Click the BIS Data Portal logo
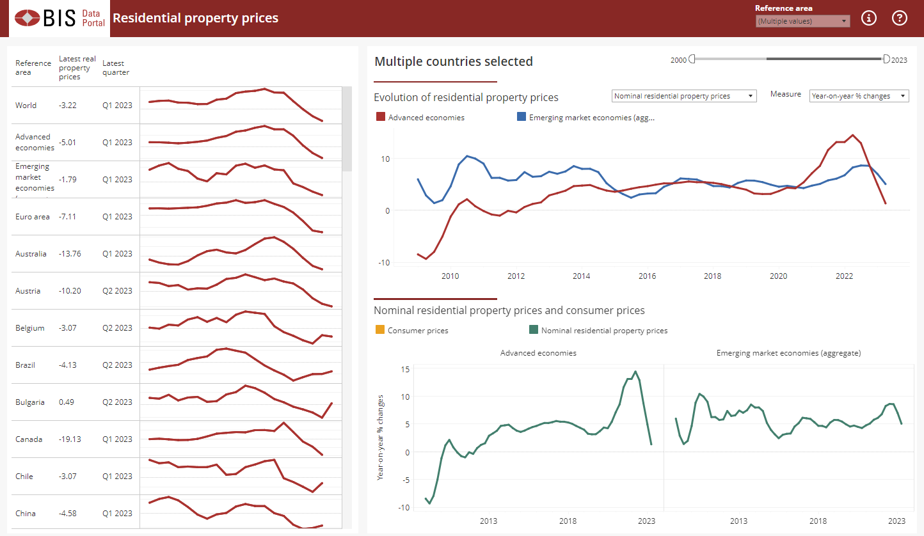tap(58, 18)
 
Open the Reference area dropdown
tap(802, 21)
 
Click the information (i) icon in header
tap(868, 18)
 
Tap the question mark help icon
tap(900, 18)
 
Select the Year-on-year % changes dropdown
tap(859, 96)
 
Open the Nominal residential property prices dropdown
tap(684, 96)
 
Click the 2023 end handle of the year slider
tap(886, 59)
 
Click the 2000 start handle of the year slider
tap(692, 59)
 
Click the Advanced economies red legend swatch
tap(380, 117)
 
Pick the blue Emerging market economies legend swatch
tap(521, 117)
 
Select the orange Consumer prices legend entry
tap(379, 331)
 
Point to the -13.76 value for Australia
tap(70, 254)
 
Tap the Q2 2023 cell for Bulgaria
tap(117, 402)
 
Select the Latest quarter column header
tap(115, 68)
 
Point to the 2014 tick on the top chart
tap(581, 276)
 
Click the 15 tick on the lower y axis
tap(405, 369)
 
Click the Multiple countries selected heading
tap(453, 61)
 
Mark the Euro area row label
tap(32, 217)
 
